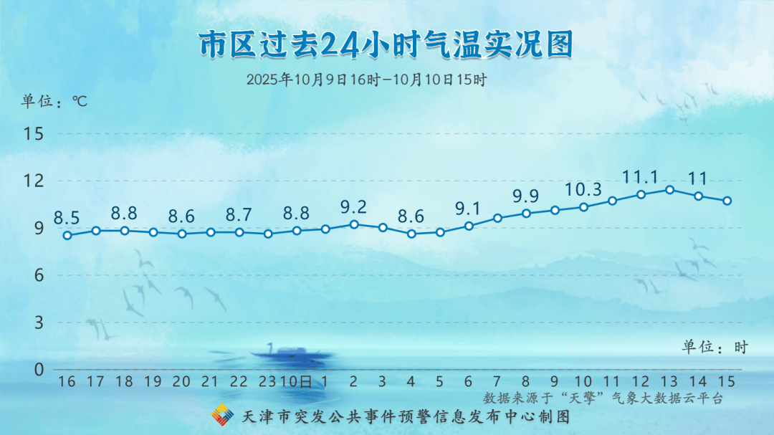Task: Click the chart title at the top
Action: tap(386, 44)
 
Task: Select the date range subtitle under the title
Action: tap(367, 80)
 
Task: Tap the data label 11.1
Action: tap(640, 177)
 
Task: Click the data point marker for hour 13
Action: tap(670, 190)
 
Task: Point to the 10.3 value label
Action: tap(583, 189)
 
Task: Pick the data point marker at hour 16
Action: tap(67, 236)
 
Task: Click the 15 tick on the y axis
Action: tap(34, 134)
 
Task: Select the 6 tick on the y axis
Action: tap(39, 275)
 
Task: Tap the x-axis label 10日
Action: tap(296, 381)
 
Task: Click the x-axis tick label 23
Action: tap(268, 381)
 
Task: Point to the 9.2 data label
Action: tap(353, 207)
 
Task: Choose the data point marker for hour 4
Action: tap(411, 234)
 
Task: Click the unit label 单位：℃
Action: tap(54, 101)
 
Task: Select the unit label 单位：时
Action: tap(715, 347)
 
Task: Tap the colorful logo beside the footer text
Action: tap(222, 415)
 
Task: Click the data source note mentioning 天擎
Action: tap(603, 398)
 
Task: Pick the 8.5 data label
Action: tap(67, 218)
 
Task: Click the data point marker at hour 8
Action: tap(526, 214)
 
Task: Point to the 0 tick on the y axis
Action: tap(39, 369)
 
